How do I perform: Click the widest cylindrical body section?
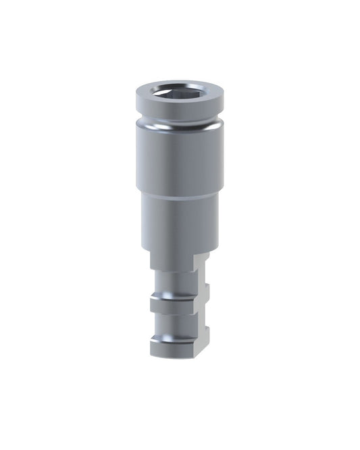(x=180, y=159)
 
